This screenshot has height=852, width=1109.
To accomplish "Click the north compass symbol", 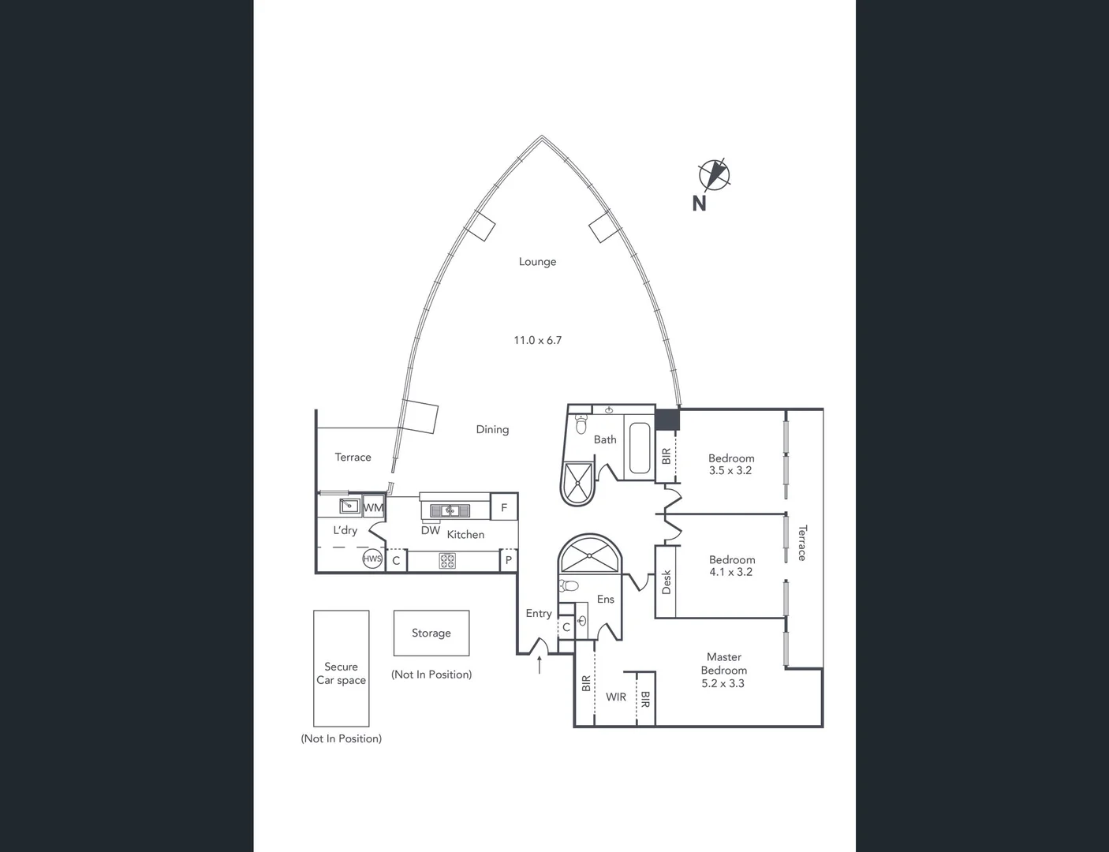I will click(714, 174).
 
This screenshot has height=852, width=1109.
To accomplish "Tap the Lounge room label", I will click(537, 262).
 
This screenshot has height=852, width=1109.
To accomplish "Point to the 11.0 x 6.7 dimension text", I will click(537, 340).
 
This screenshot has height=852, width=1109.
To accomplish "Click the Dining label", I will click(492, 430).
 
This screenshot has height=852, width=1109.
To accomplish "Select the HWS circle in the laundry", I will click(372, 559).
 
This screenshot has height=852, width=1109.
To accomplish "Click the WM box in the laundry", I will click(373, 507).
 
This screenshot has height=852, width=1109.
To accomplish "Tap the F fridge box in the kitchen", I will click(504, 507).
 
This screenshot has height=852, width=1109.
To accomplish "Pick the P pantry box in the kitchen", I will click(509, 561).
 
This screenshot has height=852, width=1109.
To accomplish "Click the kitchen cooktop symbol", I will click(447, 561).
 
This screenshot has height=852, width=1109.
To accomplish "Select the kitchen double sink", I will click(450, 510).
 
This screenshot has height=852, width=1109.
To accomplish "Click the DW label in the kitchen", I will click(431, 531).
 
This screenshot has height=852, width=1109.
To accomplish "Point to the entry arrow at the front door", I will click(540, 664).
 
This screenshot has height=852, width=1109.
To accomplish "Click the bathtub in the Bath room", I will click(639, 449).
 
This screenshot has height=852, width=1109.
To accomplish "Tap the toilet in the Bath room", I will click(581, 427).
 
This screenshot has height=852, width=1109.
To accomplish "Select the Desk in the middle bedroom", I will click(666, 582).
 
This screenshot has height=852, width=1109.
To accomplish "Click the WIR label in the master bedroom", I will click(616, 697).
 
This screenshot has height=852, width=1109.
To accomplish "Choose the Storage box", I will click(431, 633).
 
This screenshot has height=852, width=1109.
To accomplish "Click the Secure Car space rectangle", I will click(342, 668).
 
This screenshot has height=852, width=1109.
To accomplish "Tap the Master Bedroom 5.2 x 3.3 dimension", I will click(723, 684).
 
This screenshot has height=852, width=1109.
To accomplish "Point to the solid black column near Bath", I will click(667, 419).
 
